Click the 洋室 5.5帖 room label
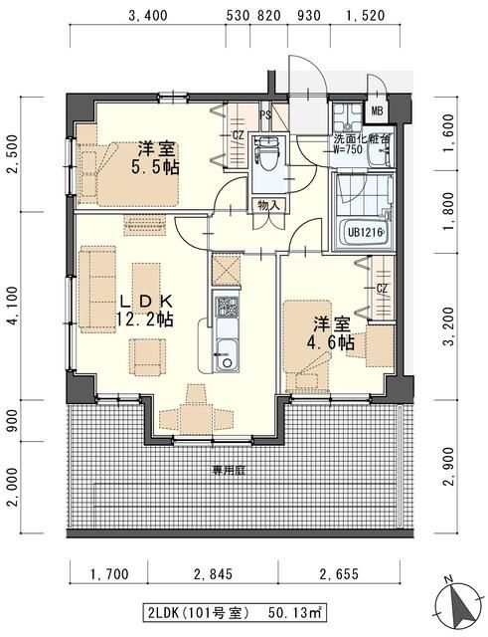pyautogui.click(x=155, y=158)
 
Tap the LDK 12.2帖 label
pyautogui.click(x=145, y=311)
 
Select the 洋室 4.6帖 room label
pyautogui.click(x=331, y=334)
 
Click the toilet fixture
pyautogui.click(x=266, y=153)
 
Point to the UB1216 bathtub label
pyautogui.click(x=365, y=233)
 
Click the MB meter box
pyautogui.click(x=378, y=110)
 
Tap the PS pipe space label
pyautogui.click(x=265, y=115)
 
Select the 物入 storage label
pyautogui.click(x=268, y=206)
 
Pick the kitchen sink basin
pyautogui.click(x=226, y=354)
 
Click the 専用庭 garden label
pyautogui.click(x=230, y=471)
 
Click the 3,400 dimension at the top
pyautogui.click(x=147, y=16)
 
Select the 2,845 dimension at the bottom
pyautogui.click(x=213, y=574)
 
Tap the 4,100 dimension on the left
pyautogui.click(x=13, y=306)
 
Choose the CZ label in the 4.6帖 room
pyautogui.click(x=382, y=289)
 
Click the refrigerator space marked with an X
pyautogui.click(x=226, y=270)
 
